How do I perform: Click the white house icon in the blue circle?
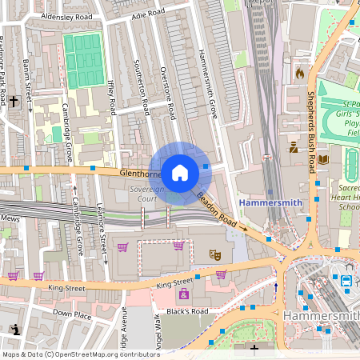[x=180, y=172]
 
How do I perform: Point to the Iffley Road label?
[x=111, y=95]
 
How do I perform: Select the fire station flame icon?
[x=300, y=73]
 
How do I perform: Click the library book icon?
[x=323, y=160]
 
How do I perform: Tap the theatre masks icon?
[x=214, y=254]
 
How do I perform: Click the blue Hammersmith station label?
[x=271, y=202]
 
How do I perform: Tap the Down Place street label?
[x=73, y=314]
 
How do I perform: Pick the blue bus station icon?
[x=346, y=281]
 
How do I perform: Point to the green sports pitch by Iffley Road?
[x=83, y=60]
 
